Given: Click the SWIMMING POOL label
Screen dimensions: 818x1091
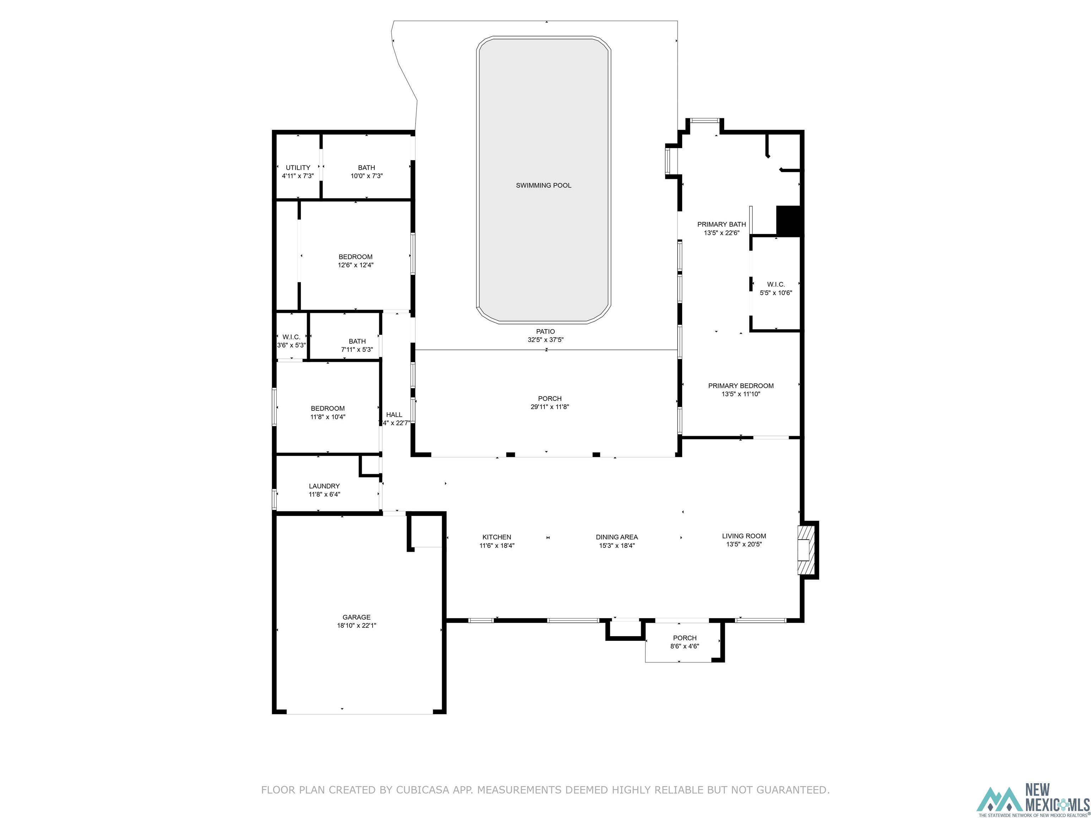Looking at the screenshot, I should tap(543, 185).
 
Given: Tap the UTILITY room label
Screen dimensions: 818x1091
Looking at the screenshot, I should tap(298, 168).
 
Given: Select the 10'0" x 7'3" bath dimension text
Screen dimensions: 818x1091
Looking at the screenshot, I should tap(367, 176).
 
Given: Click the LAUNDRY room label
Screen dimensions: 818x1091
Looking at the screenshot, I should tap(324, 486).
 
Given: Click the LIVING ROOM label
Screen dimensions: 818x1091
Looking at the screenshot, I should tap(744, 536).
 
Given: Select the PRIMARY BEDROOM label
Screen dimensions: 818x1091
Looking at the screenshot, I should tap(741, 386).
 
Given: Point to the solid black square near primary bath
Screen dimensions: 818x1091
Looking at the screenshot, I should tap(788, 220).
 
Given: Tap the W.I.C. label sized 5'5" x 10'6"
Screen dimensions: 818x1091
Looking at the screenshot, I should tap(776, 284).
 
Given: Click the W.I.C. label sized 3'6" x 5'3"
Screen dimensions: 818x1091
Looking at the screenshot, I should tap(291, 337).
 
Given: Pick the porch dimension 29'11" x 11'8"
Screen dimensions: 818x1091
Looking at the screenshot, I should tap(549, 407).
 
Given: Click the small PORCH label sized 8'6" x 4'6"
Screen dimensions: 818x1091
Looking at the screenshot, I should tap(685, 638).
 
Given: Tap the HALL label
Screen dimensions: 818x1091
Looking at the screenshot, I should tap(394, 415).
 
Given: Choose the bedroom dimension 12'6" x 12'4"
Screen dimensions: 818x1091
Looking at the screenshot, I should tap(355, 265).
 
